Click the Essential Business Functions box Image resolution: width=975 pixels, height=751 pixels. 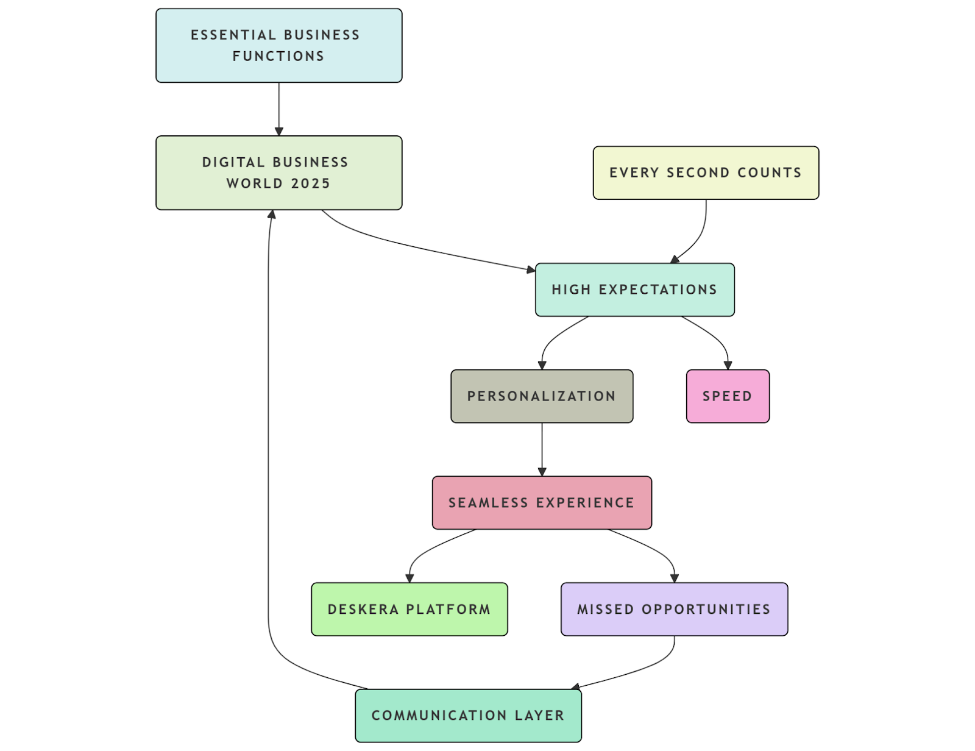[278, 46]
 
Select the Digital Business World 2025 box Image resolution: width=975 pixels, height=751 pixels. [278, 173]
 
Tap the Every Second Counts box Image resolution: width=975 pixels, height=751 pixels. [705, 173]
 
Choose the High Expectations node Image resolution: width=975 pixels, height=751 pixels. [634, 290]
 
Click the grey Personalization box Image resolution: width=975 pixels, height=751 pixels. [541, 396]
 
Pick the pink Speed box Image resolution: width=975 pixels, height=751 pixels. [727, 396]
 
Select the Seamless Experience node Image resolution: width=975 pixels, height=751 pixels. [541, 503]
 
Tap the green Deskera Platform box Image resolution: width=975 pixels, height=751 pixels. [409, 609]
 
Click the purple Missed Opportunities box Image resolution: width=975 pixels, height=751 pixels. [673, 609]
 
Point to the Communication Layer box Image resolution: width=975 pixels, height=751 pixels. [467, 716]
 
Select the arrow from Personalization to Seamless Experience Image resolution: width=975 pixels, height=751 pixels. [542, 449]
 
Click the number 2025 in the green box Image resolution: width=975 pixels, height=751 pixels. [310, 183]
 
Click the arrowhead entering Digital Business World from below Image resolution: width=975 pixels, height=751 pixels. [272, 215]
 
